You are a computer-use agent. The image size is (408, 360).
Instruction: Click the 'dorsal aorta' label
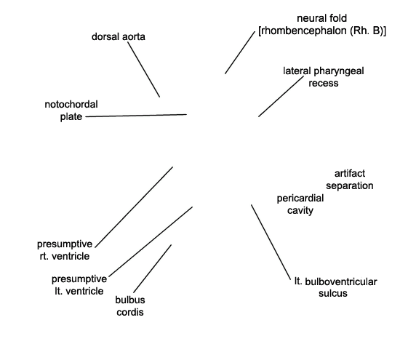pos(119,36)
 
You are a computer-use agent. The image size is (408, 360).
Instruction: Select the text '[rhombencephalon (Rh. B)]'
pos(322,31)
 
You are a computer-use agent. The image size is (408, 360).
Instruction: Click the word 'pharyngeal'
pos(339,71)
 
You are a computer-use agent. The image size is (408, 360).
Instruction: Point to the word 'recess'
pos(324,83)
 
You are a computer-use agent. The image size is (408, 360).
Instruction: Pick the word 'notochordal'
pos(71,104)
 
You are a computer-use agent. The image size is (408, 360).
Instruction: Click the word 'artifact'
pos(350,173)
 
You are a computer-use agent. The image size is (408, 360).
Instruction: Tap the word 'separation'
pos(350,185)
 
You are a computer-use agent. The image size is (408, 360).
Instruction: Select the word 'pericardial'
pos(300,199)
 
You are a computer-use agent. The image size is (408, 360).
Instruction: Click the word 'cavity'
pos(300,210)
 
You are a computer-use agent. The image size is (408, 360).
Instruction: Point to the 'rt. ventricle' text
pos(65,256)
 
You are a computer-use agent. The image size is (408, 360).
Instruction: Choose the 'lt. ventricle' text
pos(79,291)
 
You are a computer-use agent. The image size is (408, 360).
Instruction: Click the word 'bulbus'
pos(130,300)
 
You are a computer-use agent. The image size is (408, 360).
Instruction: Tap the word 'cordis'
pos(130,312)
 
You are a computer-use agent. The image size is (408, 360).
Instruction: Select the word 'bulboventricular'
pos(341,281)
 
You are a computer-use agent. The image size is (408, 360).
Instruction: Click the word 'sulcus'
pos(333,293)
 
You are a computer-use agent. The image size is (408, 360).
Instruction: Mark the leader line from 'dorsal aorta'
pos(143,69)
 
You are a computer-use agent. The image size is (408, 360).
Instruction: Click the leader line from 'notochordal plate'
pos(136,116)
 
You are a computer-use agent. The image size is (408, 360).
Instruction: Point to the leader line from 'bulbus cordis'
pos(153,268)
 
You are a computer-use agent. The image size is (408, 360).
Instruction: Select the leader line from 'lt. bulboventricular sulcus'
pos(271,242)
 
